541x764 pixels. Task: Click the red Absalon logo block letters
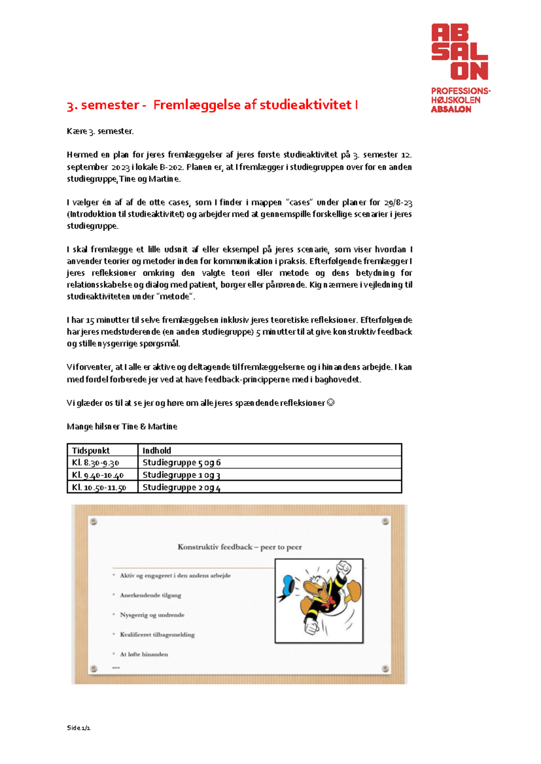[x=459, y=52]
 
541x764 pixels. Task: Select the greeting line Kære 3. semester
[x=100, y=132]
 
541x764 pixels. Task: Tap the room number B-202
[x=171, y=167]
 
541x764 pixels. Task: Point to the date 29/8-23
[x=398, y=203]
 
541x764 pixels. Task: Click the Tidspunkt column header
[x=91, y=450]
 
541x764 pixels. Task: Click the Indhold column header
[x=157, y=450]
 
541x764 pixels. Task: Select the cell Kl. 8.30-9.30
[x=96, y=463]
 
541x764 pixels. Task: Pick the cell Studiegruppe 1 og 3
[x=181, y=475]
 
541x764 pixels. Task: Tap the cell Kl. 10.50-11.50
[x=99, y=487]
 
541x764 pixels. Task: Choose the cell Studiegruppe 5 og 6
[x=181, y=463]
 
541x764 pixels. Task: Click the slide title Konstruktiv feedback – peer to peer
[x=239, y=547]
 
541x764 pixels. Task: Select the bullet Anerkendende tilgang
[x=151, y=596]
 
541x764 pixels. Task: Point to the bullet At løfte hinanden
[x=144, y=655]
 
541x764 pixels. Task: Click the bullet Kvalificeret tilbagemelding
[x=157, y=635]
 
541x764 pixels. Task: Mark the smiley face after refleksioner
[x=330, y=403]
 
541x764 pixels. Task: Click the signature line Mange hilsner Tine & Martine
[x=122, y=427]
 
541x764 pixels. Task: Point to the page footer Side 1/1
[x=78, y=728]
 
